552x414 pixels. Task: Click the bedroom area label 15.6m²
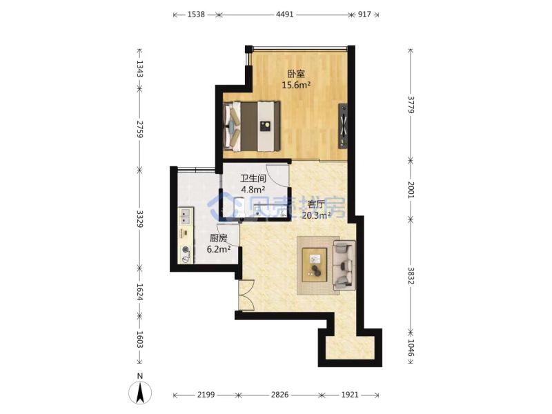tap(296, 85)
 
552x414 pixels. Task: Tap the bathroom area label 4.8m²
tap(253, 190)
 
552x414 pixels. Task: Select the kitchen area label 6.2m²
tap(218, 249)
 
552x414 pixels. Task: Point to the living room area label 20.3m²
tap(316, 215)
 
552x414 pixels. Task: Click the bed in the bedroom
tap(252, 126)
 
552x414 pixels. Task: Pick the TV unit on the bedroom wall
tap(343, 126)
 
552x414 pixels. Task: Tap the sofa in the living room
tap(344, 265)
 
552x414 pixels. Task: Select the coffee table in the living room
tap(315, 265)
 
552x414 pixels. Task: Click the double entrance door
tap(246, 295)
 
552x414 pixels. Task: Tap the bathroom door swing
tap(278, 176)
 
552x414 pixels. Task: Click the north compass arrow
tap(140, 392)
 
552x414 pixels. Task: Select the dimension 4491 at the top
tap(284, 14)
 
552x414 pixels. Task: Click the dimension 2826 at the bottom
tap(279, 395)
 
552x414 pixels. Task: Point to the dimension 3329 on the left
tap(140, 219)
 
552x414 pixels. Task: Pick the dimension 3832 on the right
tap(411, 275)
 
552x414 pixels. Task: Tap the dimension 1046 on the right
tap(411, 348)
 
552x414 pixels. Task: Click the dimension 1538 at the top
tap(196, 14)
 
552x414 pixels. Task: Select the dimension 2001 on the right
tap(411, 189)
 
